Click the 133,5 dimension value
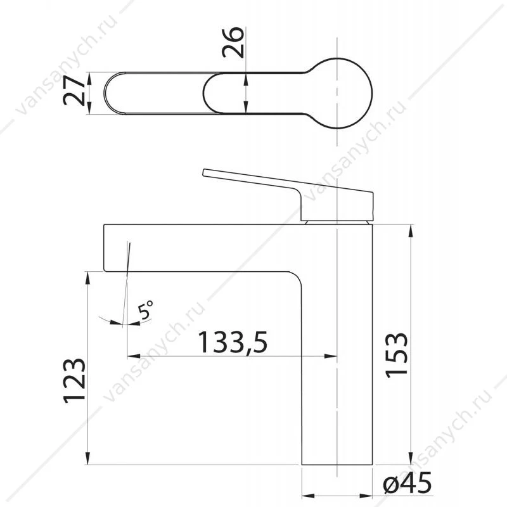pos(233,342)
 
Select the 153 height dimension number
pos(397,355)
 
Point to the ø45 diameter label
pos(407,482)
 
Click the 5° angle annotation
pos(145,310)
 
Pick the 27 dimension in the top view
pos(74,91)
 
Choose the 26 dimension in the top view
pos(233,42)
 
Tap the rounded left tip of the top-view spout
pos(105,93)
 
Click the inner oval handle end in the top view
pos(203,93)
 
